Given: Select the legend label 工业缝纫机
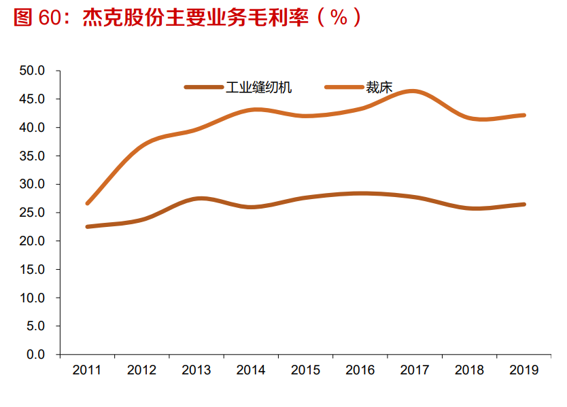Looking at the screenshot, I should [259, 87].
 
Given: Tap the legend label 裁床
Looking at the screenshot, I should [379, 87].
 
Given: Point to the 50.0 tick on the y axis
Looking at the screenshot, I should [33, 71].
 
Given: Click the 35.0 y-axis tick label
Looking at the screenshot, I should [33, 156].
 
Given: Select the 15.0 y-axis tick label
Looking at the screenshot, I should [33, 270].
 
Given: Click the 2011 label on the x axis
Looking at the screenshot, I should [87, 370].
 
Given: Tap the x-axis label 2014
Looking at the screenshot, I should [251, 370].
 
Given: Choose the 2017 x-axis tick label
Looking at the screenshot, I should [415, 370].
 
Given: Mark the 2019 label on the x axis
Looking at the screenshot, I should [523, 370].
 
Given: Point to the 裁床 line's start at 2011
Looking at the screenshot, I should [88, 203].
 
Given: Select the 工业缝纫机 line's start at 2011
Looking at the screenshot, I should [88, 226].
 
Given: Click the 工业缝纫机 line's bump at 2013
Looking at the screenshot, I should [198, 198].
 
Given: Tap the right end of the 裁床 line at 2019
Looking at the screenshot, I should [523, 115].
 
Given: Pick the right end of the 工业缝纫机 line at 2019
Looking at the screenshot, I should [523, 204].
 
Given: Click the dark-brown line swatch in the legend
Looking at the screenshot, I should [203, 87].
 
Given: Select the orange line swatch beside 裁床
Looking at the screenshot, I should [344, 87].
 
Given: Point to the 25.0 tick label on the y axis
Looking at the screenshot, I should [33, 213].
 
